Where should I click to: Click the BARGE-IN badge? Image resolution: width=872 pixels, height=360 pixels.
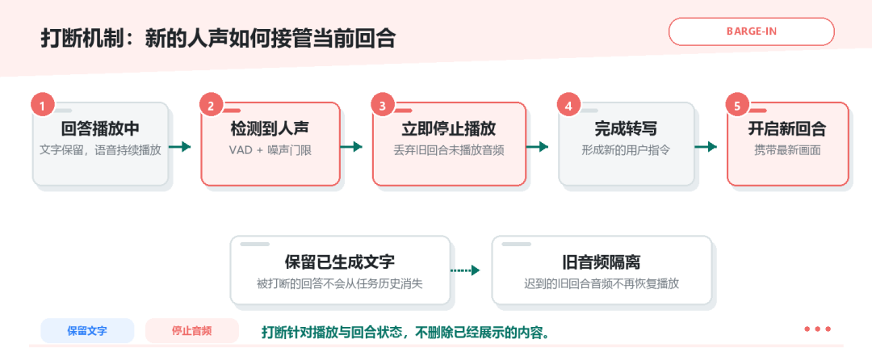[752, 31]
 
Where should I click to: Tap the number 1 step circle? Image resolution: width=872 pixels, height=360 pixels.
[43, 106]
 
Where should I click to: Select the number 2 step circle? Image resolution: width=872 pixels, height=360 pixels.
[211, 106]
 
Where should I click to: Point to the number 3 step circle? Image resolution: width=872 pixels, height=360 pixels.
[383, 106]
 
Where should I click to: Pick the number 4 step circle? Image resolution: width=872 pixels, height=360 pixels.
[568, 106]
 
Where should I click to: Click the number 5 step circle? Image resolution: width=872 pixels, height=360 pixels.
[737, 106]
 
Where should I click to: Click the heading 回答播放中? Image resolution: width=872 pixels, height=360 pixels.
[101, 129]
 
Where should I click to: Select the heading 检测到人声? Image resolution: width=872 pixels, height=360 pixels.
[270, 129]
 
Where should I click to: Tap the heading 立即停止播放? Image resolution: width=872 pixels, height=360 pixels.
[449, 129]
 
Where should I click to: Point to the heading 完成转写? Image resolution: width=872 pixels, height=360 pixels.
[627, 129]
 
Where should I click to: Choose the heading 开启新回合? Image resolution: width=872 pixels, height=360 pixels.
[787, 129]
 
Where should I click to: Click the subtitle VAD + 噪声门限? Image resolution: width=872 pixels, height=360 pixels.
[270, 150]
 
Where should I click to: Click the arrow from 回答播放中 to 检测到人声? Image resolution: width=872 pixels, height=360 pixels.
[180, 147]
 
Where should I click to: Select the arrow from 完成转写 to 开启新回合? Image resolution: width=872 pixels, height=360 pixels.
[706, 147]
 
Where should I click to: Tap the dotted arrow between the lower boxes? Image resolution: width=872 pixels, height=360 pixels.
[465, 270]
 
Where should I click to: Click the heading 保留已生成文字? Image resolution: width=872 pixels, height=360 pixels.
[340, 262]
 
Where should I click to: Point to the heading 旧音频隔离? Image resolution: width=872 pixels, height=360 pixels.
[602, 262]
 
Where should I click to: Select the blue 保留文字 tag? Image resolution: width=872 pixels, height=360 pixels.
[87, 331]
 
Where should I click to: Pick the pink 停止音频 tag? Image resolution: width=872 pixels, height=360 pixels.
[192, 331]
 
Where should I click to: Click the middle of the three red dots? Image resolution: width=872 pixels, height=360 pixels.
[817, 329]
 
